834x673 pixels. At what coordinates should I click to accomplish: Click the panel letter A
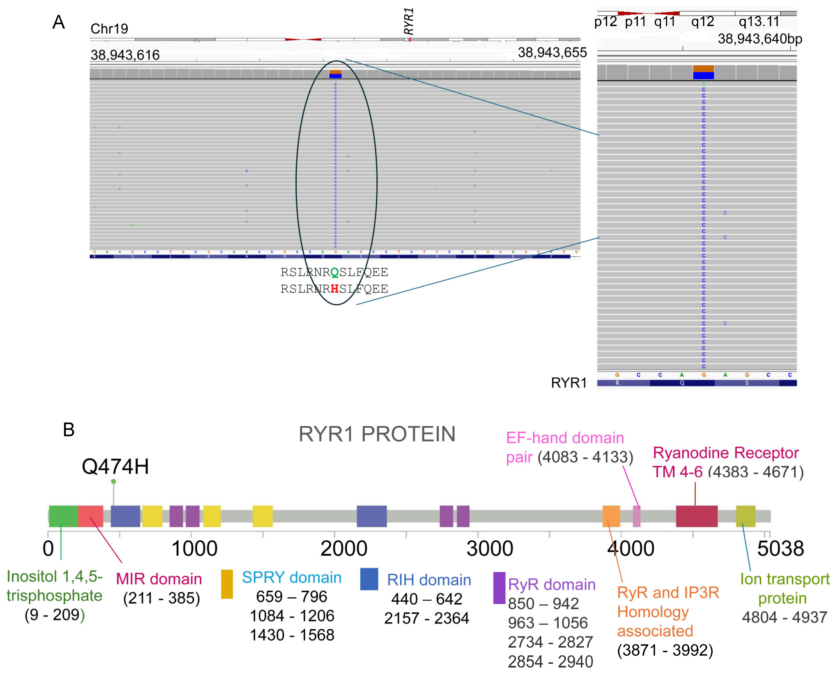tap(59, 22)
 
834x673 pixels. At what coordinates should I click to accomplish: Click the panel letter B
tap(69, 430)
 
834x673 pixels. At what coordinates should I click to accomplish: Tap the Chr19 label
tap(109, 29)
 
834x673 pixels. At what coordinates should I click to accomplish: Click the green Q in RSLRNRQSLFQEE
tap(335, 272)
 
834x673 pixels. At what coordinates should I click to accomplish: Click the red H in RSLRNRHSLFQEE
tap(335, 289)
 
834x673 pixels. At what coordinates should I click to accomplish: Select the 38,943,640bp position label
tap(760, 39)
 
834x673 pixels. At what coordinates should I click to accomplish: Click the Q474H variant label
tap(115, 466)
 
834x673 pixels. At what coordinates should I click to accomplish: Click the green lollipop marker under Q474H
tap(113, 482)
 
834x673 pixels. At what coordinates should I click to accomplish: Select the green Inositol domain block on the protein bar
tap(63, 516)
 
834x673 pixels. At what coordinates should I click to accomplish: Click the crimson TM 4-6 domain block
tap(696, 516)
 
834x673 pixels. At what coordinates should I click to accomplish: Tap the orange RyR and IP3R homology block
tap(611, 516)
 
